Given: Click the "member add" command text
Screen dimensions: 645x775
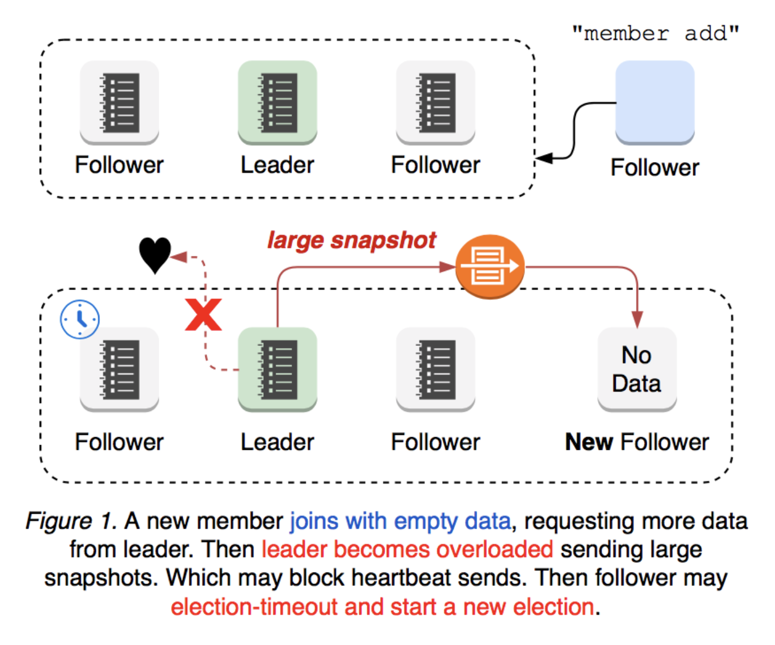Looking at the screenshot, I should (x=655, y=33).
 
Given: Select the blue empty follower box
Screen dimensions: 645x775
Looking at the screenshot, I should (x=655, y=102).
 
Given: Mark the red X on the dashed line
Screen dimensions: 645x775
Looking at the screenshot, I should (x=203, y=315).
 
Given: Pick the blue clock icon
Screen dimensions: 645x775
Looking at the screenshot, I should (x=80, y=319).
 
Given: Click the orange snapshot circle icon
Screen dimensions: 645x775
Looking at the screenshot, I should (x=490, y=267).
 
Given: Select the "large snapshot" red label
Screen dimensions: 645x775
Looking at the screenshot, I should (x=352, y=240).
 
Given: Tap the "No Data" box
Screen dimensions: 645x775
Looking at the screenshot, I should (x=637, y=369).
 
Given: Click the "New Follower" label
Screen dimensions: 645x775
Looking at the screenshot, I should (x=637, y=442).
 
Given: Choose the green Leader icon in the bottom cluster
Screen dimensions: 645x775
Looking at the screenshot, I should (x=277, y=369).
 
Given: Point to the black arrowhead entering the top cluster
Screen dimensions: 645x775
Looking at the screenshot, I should (x=544, y=158).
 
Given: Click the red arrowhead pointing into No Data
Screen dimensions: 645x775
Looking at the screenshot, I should (x=637, y=319).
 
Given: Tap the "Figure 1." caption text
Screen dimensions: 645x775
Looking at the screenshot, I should (x=71, y=521).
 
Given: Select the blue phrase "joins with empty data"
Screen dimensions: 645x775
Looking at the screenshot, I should (x=400, y=521).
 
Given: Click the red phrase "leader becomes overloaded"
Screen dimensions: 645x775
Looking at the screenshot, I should (x=407, y=550).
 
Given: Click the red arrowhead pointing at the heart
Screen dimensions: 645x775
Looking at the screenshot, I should (x=179, y=257).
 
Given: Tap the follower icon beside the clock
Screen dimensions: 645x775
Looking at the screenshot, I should (x=119, y=369).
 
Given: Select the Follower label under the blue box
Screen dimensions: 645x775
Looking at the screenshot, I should (x=655, y=167).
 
